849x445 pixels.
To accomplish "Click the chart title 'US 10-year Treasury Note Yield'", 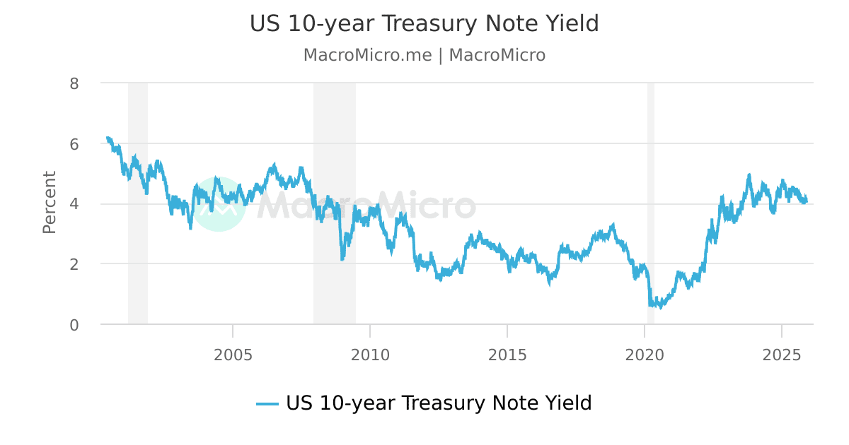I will pos(424,23).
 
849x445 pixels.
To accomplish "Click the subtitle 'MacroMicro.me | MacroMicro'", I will pos(424,55).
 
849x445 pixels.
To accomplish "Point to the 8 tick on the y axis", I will pos(74,83).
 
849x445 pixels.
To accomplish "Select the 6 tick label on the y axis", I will pos(74,144).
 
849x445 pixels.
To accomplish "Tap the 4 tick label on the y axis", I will pos(74,204).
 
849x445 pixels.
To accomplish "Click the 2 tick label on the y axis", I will pos(74,264).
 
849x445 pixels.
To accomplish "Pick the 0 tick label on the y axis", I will pos(74,325).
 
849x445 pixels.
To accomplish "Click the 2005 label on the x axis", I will pos(233,354).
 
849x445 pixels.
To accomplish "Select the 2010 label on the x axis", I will pos(370,354).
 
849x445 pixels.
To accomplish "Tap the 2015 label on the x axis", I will pos(507,354).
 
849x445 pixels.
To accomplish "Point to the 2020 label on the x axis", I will pos(645,354).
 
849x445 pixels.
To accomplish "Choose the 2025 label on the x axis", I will pos(782,354).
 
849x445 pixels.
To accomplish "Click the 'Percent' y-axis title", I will pos(49,202).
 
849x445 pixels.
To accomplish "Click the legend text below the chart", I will pos(439,403).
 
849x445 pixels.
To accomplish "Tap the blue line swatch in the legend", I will pos(267,404).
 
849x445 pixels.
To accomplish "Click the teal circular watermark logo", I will pos(219,204).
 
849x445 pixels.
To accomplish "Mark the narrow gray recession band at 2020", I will pos(650,177).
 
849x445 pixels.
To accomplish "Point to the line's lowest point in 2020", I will pos(661,308).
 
